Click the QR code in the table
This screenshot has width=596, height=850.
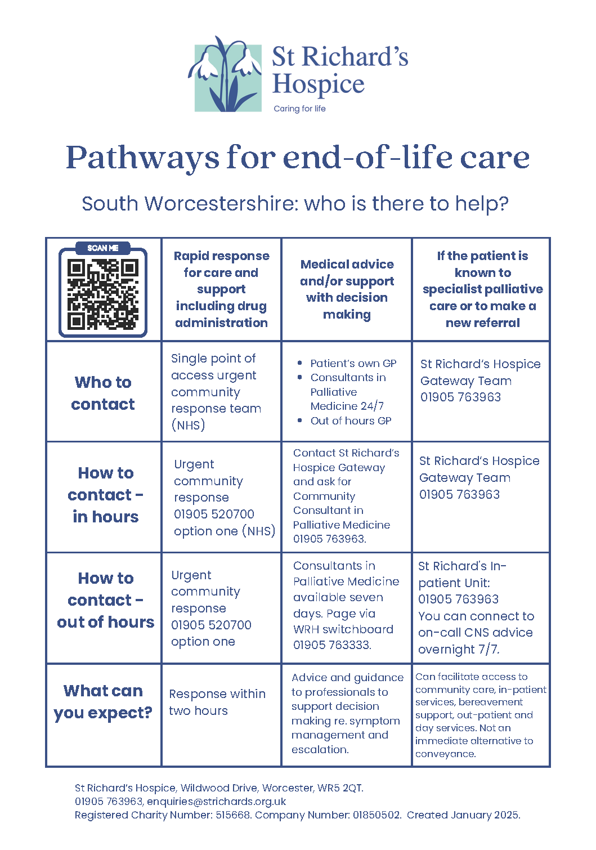(103, 294)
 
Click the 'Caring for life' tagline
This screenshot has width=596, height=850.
(299, 109)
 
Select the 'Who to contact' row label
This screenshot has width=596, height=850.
(103, 393)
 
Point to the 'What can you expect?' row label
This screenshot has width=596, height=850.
(103, 701)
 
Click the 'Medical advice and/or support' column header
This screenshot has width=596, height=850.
(347, 289)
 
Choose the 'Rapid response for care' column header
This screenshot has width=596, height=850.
(221, 289)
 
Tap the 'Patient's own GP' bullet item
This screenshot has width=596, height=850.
(353, 364)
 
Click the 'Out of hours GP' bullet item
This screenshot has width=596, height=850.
(351, 420)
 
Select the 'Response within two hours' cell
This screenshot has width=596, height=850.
(217, 702)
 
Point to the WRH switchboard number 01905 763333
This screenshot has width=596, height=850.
(331, 645)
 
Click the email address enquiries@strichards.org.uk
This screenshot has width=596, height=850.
(217, 802)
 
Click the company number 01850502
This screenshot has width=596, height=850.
(377, 815)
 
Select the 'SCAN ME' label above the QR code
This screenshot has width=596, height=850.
(103, 248)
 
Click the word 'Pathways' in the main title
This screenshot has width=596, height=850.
(142, 158)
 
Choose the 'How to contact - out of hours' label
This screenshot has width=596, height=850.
(105, 600)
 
